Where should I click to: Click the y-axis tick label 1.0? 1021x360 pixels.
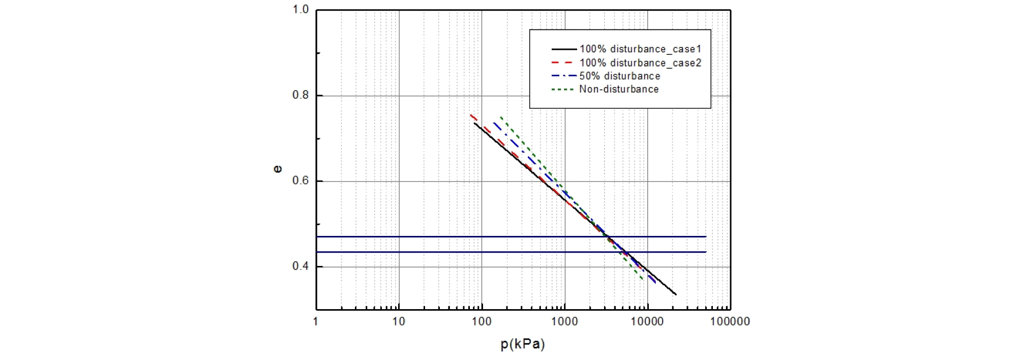click(301, 10)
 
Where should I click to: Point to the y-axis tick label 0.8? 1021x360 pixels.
click(301, 95)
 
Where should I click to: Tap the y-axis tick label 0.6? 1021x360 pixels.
click(301, 181)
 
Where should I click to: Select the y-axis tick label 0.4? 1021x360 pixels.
click(301, 266)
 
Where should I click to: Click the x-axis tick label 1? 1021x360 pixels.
click(316, 321)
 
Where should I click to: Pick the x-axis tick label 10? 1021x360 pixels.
click(399, 321)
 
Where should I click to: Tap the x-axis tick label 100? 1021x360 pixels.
click(482, 321)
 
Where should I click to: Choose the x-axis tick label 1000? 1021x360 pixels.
click(564, 321)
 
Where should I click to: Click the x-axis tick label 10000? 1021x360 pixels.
click(647, 321)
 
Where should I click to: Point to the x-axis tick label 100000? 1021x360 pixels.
click(730, 321)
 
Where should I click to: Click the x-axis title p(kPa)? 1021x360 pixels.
click(523, 344)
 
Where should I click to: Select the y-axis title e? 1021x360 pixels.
click(278, 169)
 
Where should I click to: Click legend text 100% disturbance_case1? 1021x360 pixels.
click(640, 49)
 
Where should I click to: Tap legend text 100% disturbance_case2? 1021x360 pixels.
click(640, 63)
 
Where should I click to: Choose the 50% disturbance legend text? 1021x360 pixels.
click(620, 76)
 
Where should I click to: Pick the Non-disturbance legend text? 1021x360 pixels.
click(619, 89)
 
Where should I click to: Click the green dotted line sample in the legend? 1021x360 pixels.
click(563, 90)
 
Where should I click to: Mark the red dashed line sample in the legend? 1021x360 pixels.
click(563, 63)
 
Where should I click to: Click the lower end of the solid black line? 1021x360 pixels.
click(676, 294)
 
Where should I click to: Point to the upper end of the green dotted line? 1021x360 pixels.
click(501, 117)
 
